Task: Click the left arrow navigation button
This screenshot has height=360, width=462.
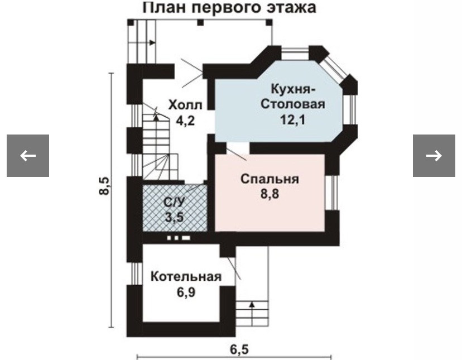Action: pos(28,156)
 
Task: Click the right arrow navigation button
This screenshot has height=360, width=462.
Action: pos(434,156)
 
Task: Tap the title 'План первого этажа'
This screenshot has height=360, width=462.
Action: pos(229,8)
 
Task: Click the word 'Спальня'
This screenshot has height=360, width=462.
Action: pos(270,179)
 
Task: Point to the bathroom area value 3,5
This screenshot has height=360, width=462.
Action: pos(174,217)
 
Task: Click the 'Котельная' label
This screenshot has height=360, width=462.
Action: pos(186,277)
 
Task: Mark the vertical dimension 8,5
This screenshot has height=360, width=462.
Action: pos(103,186)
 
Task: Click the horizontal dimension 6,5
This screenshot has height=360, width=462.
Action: pos(239,349)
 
